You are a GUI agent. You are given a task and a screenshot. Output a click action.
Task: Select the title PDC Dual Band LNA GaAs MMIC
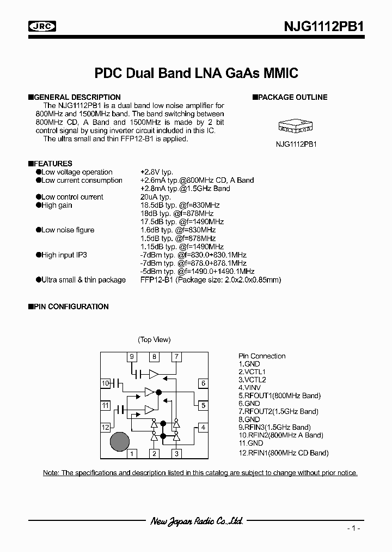coord(197,73)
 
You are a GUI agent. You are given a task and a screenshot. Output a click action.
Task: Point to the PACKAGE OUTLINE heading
coord(292,97)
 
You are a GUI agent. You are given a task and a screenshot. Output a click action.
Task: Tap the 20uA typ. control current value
coord(155,197)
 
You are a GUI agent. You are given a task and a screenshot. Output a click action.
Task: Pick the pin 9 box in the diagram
coord(131,357)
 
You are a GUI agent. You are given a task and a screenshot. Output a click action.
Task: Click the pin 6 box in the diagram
coord(203,383)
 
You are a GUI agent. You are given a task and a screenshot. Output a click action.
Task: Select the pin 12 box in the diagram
coord(105,427)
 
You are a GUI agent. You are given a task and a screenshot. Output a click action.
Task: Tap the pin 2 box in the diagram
coord(154,453)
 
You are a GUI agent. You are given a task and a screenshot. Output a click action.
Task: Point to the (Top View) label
coord(154,339)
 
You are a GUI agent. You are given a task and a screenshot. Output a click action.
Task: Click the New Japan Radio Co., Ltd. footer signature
coord(197,521)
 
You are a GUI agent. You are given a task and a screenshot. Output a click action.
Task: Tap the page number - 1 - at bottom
coord(354,529)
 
